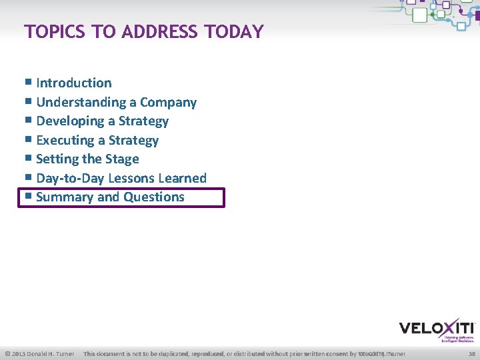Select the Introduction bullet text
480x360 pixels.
[x=74, y=83]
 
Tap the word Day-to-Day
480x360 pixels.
[x=70, y=178]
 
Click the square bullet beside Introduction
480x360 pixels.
[x=28, y=83]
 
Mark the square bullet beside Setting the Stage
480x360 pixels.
[x=28, y=159]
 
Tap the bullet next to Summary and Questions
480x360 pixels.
[x=28, y=197]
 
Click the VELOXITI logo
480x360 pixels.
[x=437, y=329]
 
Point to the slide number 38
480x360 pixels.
[x=472, y=353]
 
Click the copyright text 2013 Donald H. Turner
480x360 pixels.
[x=40, y=353]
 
